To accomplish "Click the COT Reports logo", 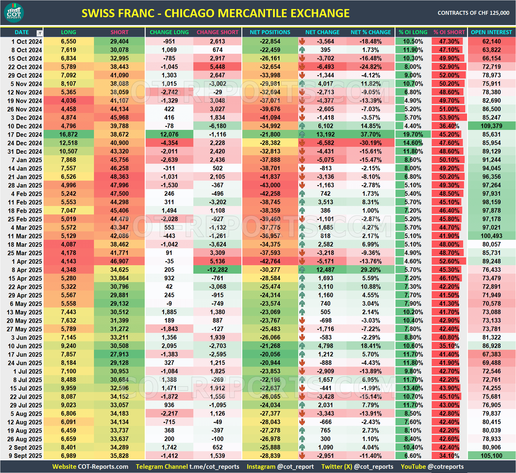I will (14, 13).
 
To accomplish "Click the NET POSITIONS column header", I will (270, 32).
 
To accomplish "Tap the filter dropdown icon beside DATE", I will (39, 33).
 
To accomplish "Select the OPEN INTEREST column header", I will (491, 32).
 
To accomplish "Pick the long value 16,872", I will (69, 134).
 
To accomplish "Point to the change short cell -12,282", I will (218, 270).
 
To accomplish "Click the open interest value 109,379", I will (492, 126).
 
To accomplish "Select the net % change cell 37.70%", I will (371, 134).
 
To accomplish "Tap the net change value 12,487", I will (325, 270).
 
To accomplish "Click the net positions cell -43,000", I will (270, 185).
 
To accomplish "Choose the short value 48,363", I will (119, 177).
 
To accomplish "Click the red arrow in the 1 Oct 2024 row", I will (302, 41).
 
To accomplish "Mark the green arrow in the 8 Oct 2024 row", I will (302, 50).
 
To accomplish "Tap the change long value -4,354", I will (169, 143).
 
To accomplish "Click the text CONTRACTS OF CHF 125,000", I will (473, 13).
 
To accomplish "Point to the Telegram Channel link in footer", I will (187, 467).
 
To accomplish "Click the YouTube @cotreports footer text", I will (432, 467).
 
